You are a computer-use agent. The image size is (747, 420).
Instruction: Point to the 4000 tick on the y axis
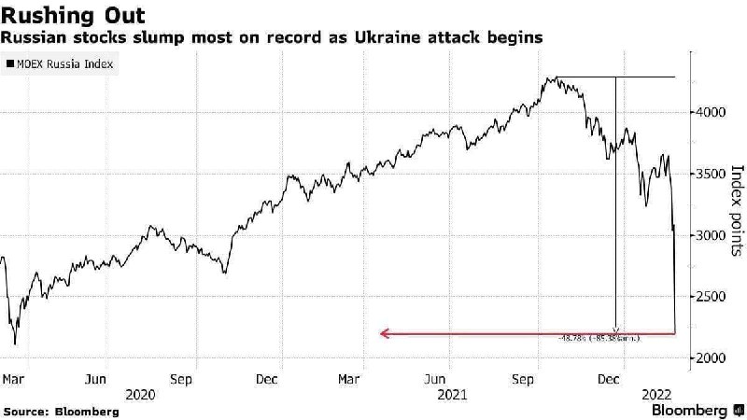point(712,113)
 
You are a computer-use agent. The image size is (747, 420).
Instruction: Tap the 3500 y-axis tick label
point(712,175)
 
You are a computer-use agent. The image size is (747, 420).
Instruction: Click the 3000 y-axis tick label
point(712,236)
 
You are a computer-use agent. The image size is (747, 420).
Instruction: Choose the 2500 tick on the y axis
point(712,297)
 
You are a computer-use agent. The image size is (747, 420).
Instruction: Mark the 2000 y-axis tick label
point(712,358)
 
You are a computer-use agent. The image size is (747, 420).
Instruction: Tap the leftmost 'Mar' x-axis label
point(13,379)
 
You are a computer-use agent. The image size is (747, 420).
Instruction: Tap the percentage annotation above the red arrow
point(599,339)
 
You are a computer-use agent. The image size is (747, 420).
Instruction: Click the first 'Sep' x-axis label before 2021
point(182,379)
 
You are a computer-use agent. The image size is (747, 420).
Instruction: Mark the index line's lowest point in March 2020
point(15,343)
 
